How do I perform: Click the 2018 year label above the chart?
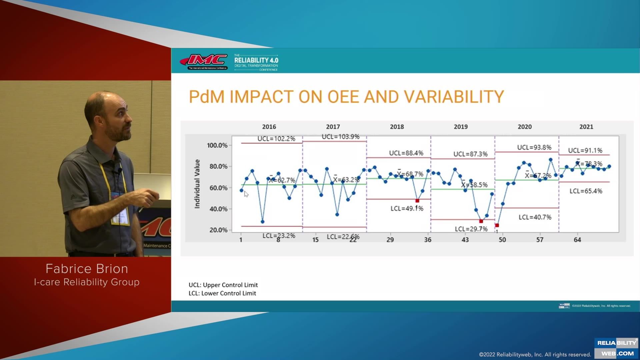tap(397, 127)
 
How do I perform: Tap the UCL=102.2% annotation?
tap(276, 139)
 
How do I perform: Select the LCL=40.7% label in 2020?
tap(535, 217)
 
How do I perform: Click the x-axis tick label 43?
tap(465, 240)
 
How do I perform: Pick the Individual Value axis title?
tap(197, 184)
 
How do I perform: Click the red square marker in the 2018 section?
tap(417, 201)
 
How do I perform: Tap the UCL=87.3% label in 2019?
tap(470, 154)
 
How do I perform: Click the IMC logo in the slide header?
tap(204, 61)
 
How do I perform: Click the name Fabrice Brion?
tap(87, 269)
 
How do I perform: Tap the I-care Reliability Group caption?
tap(87, 282)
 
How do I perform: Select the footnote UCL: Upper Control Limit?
tap(223, 285)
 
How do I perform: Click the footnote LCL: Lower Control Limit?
tap(222, 293)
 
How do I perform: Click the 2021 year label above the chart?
tap(586, 127)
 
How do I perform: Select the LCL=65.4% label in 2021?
tap(586, 191)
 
